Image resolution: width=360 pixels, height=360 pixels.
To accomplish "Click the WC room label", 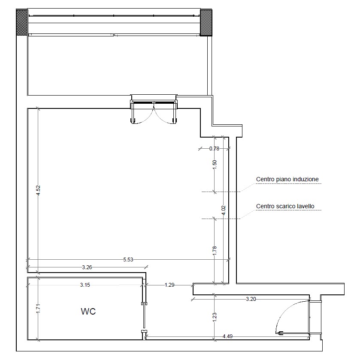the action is tap(88, 311).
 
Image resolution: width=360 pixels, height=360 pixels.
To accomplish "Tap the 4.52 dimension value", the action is tap(38, 190).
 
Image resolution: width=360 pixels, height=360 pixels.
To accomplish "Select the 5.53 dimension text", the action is tap(128, 259).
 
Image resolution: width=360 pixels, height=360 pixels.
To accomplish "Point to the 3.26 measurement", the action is tap(87, 267).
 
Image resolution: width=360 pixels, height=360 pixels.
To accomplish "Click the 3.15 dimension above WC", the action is tap(85, 285).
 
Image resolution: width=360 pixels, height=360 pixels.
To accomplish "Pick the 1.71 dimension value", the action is tap(38, 308).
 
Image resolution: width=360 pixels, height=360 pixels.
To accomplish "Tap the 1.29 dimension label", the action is tap(169, 285).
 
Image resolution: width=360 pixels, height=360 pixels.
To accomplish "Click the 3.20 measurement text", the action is tap(251, 299).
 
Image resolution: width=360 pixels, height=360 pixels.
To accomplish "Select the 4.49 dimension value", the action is tap(227, 336).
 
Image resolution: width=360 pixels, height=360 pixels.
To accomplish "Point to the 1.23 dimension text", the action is tap(215, 317).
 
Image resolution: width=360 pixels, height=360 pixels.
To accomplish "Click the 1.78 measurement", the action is tap(215, 251).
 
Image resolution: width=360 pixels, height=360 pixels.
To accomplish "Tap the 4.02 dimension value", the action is tap(224, 210).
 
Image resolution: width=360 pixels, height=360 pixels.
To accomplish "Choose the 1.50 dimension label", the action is tap(215, 165).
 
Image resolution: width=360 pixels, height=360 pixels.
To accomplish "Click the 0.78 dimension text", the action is tap(214, 149).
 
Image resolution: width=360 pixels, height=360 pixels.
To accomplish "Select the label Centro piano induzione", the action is tap(287, 179).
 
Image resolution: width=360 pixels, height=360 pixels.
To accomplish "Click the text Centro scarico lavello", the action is tap(285, 206).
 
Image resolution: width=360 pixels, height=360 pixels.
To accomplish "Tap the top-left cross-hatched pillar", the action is tap(22, 22).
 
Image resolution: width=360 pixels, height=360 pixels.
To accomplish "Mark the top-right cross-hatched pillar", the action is tap(206, 22).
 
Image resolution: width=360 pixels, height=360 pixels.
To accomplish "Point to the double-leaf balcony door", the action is tap(154, 112).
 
